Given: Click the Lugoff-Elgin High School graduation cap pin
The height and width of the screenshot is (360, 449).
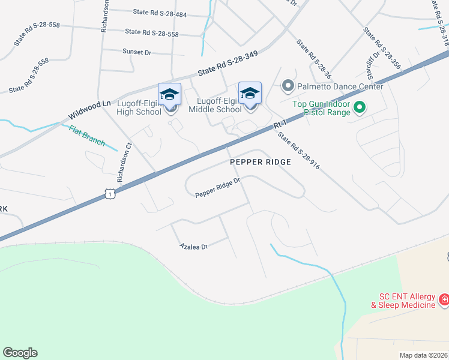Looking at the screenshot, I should click(x=169, y=95).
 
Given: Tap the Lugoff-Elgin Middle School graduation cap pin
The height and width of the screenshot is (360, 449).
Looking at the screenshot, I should click(x=250, y=94).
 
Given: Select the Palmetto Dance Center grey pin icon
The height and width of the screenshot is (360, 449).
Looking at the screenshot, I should click(x=288, y=86).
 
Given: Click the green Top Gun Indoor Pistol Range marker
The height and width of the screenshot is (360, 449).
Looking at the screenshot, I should click(x=360, y=107).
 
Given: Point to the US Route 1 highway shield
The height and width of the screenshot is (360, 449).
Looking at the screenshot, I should click(x=109, y=193).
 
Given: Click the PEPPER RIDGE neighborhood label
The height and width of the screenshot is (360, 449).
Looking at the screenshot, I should click(x=261, y=162).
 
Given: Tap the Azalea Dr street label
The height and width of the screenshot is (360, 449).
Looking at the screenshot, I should click(x=193, y=247).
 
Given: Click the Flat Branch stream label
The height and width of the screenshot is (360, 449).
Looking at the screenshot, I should click(x=87, y=137).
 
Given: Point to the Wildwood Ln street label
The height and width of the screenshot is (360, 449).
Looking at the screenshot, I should click(x=89, y=109).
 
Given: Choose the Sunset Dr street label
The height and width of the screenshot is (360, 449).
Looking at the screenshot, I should click(x=137, y=52).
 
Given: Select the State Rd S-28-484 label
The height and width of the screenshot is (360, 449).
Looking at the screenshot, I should click(x=160, y=13).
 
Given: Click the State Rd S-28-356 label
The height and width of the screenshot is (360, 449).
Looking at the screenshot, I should click(x=382, y=47).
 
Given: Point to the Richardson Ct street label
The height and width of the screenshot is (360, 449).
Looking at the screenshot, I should click(x=124, y=162).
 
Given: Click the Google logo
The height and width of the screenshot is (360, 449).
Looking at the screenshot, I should click(x=20, y=353).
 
